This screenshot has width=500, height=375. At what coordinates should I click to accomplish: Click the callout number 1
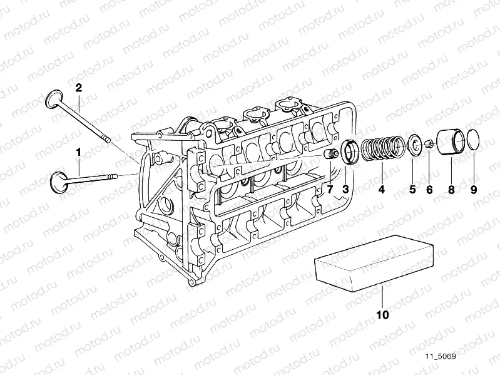click(79, 152)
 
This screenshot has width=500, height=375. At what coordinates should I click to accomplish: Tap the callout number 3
click(345, 189)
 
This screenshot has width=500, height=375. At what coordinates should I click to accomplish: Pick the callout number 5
click(412, 189)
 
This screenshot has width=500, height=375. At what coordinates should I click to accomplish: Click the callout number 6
click(429, 189)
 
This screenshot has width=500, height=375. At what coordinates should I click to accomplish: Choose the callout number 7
click(330, 189)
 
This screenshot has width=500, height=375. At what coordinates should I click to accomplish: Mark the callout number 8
click(451, 189)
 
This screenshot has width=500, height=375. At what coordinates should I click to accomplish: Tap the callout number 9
click(473, 189)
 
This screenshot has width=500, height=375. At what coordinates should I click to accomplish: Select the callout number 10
click(382, 315)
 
